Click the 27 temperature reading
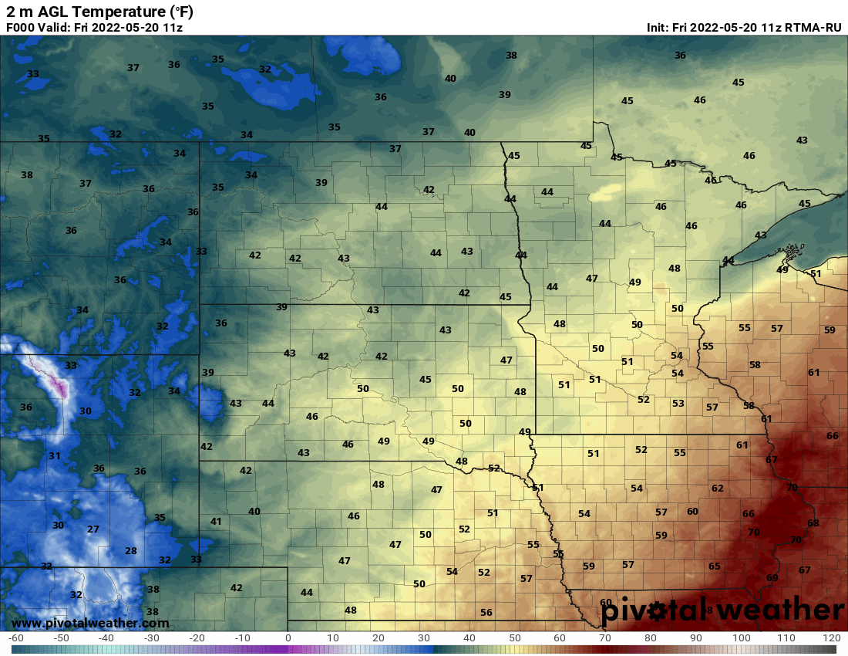click(93, 529)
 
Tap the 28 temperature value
click(131, 551)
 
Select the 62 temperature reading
click(718, 489)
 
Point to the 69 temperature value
click(772, 578)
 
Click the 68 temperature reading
click(813, 523)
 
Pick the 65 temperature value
click(715, 566)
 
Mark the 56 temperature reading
click(486, 613)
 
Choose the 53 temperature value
click(678, 404)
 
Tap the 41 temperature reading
click(216, 522)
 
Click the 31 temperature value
click(55, 456)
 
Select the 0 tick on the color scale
click(288, 638)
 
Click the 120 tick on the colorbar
click(831, 638)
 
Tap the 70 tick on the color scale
click(605, 638)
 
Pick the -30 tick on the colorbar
click(152, 638)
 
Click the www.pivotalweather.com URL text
click(91, 623)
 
